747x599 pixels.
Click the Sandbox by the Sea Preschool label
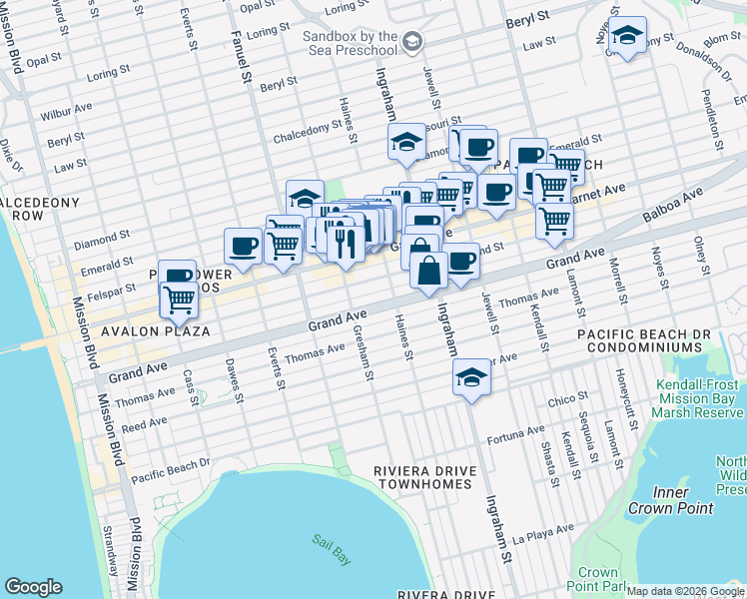pyautogui.click(x=350, y=41)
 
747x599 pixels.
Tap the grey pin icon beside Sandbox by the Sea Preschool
pyautogui.click(x=412, y=42)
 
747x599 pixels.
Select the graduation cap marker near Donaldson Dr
pyautogui.click(x=626, y=36)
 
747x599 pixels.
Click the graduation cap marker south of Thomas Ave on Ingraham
pyautogui.click(x=471, y=377)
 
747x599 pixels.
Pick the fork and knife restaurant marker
pyautogui.click(x=345, y=244)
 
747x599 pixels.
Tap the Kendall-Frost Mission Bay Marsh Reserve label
pyautogui.click(x=698, y=398)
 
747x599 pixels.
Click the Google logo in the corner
pyautogui.click(x=33, y=587)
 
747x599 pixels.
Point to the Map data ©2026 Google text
pyautogui.click(x=684, y=591)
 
